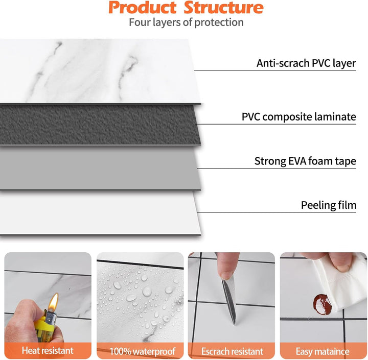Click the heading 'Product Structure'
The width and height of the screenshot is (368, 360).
click(186, 8)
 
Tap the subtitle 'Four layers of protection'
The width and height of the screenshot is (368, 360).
click(186, 22)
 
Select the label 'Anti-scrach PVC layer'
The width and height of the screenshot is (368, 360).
click(306, 63)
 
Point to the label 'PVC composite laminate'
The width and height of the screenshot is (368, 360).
click(298, 116)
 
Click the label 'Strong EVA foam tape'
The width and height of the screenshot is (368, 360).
click(305, 161)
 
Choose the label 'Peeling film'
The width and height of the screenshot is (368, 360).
click(328, 205)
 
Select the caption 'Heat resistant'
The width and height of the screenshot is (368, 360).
click(48, 351)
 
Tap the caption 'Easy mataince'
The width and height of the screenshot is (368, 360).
click(323, 351)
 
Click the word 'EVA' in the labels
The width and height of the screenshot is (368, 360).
click(300, 161)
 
